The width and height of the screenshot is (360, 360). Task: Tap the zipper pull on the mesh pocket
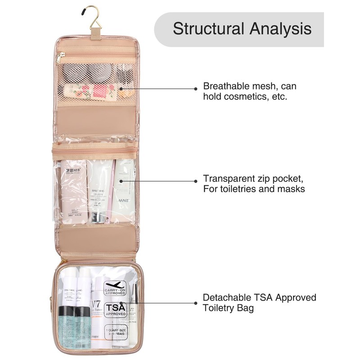(60, 58)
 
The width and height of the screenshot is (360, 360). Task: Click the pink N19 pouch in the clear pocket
(74, 189)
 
